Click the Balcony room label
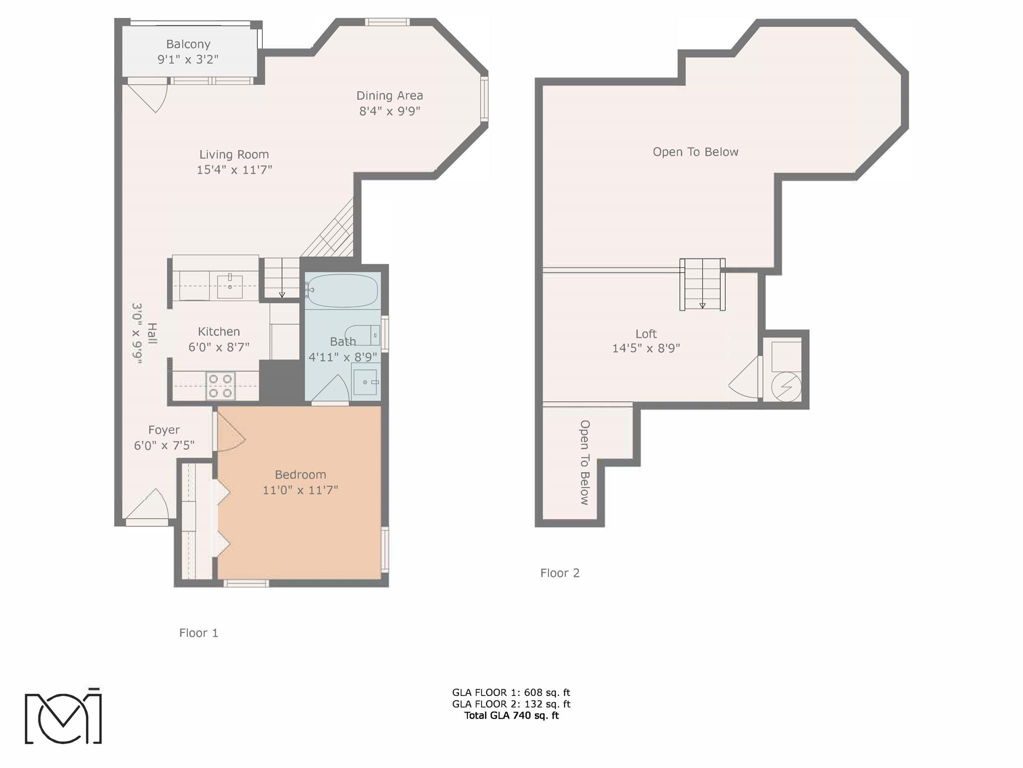tap(188, 44)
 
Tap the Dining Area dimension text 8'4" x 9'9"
tap(390, 110)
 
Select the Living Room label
tap(234, 154)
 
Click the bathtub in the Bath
tap(342, 290)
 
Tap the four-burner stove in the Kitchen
tap(221, 385)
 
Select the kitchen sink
tap(230, 285)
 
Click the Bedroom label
tap(300, 474)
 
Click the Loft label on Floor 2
tap(646, 333)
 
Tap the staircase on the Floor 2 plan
tap(702, 284)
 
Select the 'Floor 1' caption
tap(199, 633)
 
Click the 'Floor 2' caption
tap(560, 573)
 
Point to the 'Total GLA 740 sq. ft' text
tap(511, 715)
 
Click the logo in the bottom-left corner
tap(63, 715)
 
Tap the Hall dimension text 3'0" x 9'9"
tap(137, 333)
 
